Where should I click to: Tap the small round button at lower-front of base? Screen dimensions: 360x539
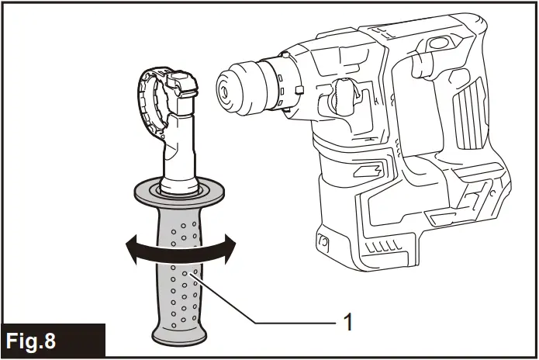323,243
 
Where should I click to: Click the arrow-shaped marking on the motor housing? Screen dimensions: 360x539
370,170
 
